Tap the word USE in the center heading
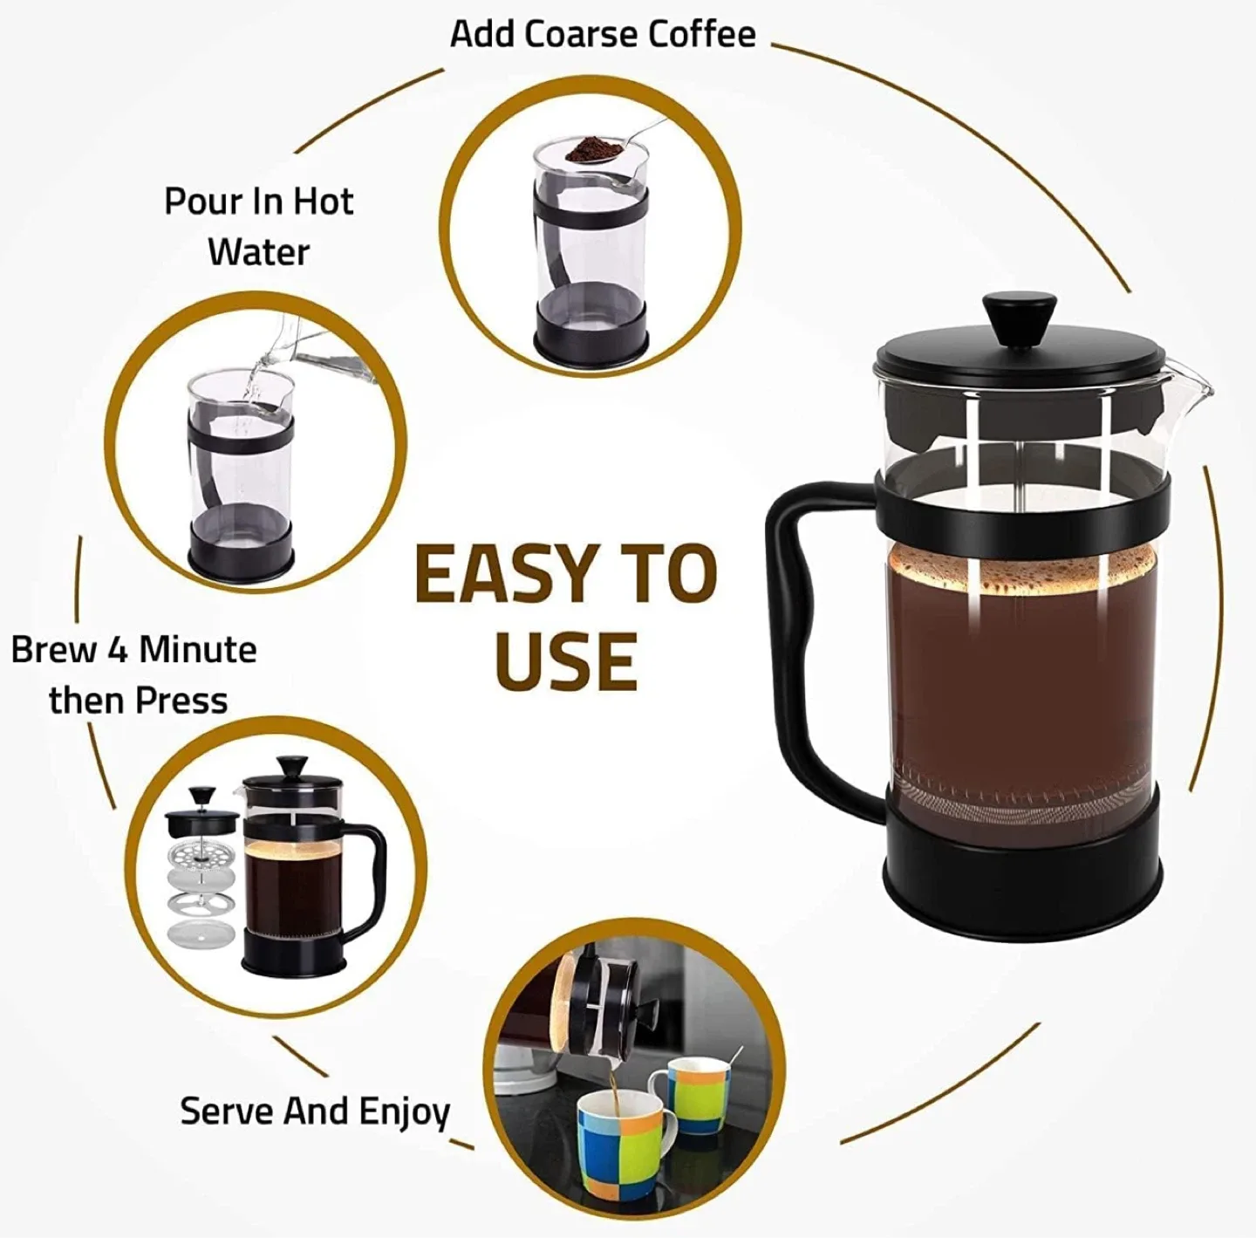point(565,660)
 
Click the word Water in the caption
point(258,252)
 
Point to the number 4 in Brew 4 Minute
point(118,650)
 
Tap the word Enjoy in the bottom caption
point(405,1112)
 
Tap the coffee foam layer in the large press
point(1020,571)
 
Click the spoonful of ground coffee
point(590,150)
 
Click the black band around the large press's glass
point(1020,509)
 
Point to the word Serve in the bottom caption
point(228,1111)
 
